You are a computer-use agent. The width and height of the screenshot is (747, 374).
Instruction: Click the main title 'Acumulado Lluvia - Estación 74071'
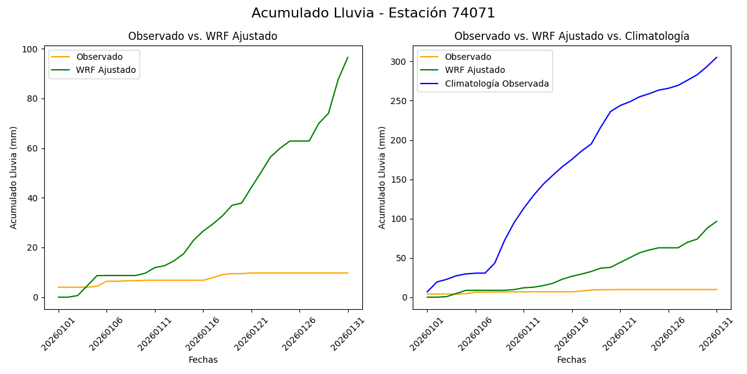tap(374, 13)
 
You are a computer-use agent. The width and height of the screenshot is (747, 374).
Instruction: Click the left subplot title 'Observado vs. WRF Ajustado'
tap(203, 36)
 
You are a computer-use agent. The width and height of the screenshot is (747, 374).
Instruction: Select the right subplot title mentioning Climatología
tap(571, 36)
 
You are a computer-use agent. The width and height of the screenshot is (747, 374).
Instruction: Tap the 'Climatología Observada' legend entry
tap(497, 84)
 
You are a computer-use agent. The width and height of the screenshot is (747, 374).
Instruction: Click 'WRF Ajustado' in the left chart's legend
tap(106, 70)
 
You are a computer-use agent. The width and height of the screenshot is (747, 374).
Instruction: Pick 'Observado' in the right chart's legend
tap(467, 57)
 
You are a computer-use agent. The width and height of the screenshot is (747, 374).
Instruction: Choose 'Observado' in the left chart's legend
tap(100, 57)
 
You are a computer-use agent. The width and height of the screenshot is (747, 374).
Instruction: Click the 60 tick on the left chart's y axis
tap(35, 148)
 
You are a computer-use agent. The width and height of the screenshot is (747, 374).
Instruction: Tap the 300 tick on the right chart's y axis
tap(398, 62)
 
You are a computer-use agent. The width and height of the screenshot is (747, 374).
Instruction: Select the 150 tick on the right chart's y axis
tap(398, 180)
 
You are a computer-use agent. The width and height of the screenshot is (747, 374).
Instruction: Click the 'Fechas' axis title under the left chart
tap(203, 360)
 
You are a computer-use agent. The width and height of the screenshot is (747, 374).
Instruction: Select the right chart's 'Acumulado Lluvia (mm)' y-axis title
tap(382, 178)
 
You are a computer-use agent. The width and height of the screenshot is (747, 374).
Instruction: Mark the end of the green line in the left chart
tap(348, 57)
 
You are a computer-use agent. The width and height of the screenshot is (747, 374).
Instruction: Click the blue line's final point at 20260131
tap(716, 57)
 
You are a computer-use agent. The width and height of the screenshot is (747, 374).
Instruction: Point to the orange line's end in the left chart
tap(348, 273)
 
